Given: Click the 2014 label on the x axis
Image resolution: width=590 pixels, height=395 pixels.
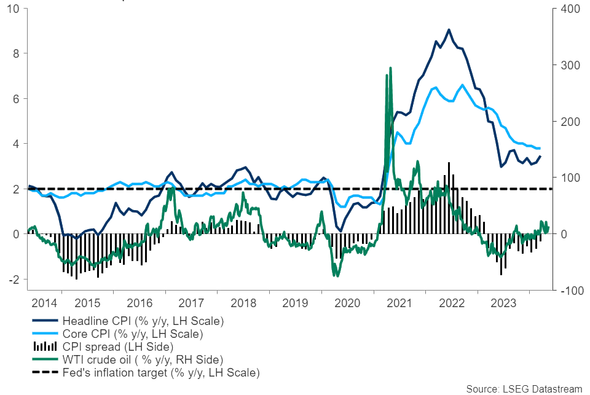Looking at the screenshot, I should pyautogui.click(x=45, y=303).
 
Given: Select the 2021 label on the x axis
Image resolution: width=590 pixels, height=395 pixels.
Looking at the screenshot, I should pyautogui.click(x=400, y=303).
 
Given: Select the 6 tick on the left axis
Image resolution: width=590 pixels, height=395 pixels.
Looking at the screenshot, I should pyautogui.click(x=17, y=99).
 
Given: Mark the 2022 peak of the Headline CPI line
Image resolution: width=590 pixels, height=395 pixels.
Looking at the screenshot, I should pyautogui.click(x=449, y=29).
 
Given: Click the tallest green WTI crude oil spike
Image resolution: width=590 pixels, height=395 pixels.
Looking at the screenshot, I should pyautogui.click(x=390, y=68).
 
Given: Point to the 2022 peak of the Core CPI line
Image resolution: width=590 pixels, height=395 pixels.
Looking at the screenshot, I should pyautogui.click(x=462, y=85).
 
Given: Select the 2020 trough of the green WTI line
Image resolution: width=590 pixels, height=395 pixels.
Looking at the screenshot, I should pyautogui.click(x=336, y=276).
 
